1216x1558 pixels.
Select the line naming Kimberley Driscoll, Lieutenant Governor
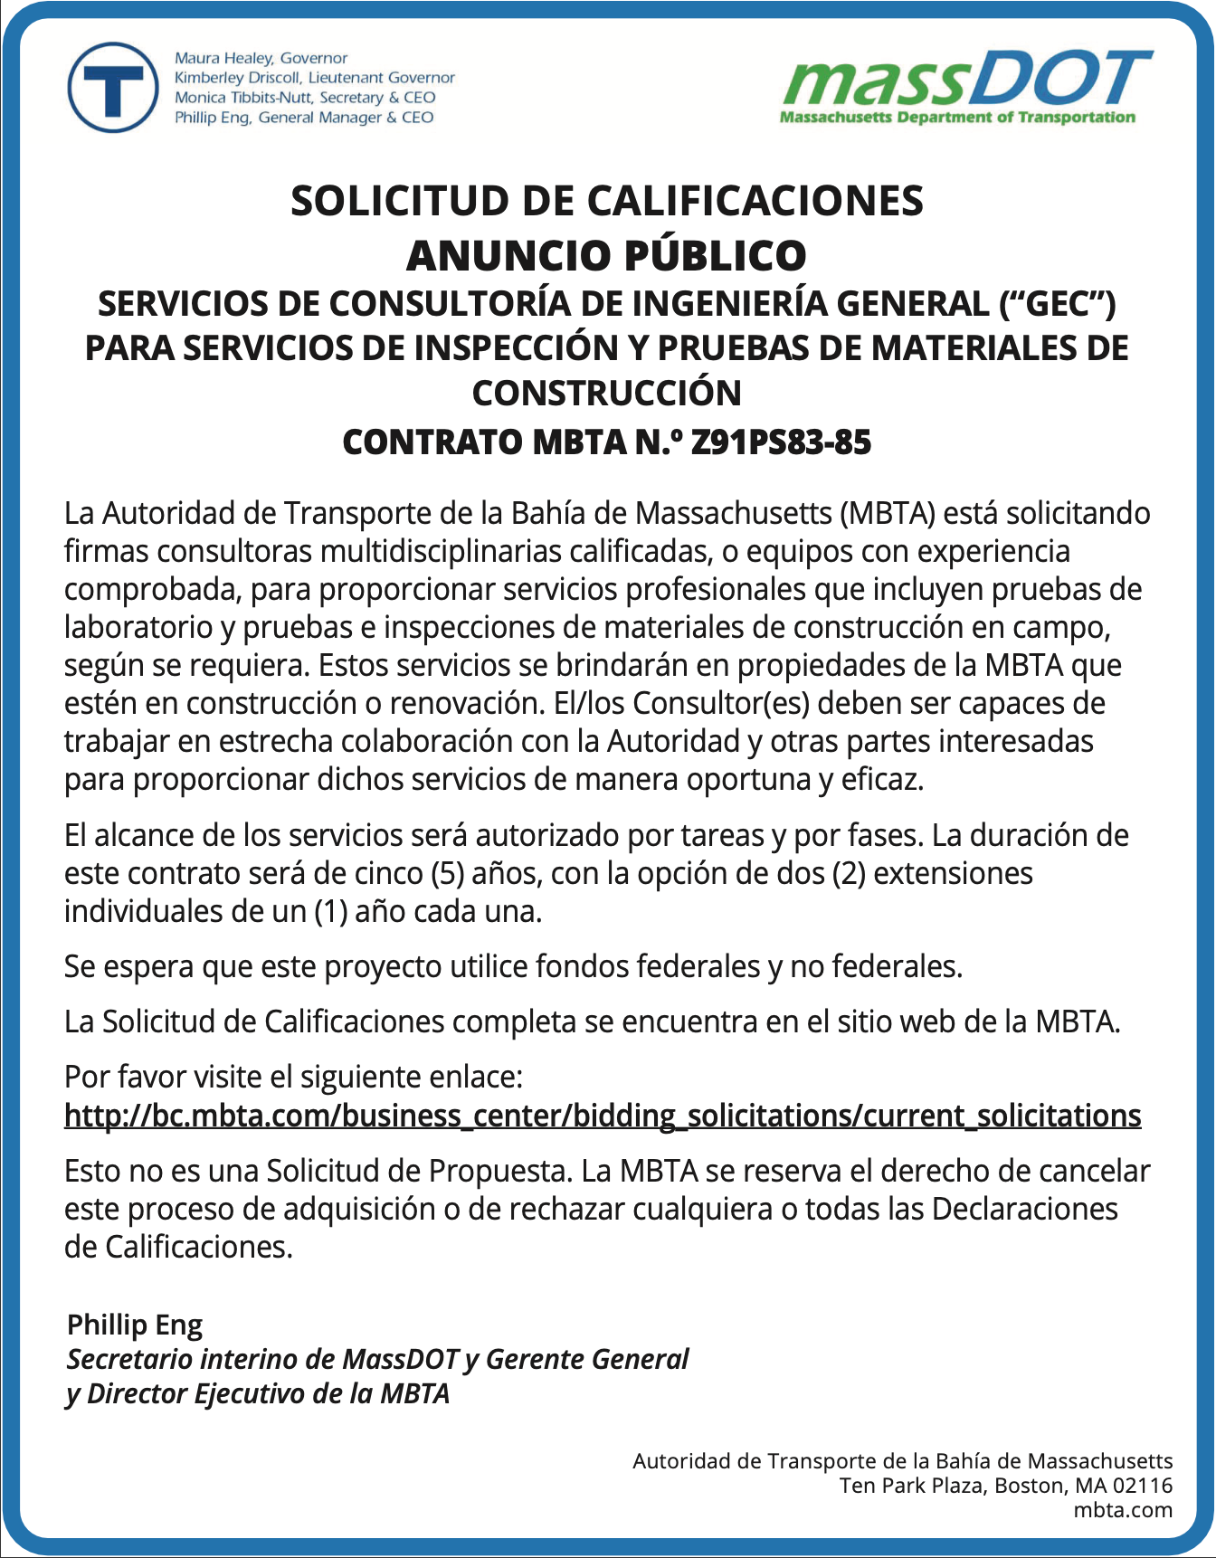tap(314, 78)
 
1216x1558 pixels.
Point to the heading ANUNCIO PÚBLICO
tap(606, 255)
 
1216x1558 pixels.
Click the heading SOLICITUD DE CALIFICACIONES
tap(606, 201)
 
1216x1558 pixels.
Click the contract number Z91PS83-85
tap(781, 442)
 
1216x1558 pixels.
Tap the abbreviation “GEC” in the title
tap(1057, 304)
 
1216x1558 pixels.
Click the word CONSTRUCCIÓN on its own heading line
tap(606, 393)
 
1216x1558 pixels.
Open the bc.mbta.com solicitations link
tap(603, 1116)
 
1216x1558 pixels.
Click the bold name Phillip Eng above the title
tap(135, 1325)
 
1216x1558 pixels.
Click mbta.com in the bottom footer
tap(1123, 1510)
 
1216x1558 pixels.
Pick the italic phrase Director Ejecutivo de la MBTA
tap(268, 1393)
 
